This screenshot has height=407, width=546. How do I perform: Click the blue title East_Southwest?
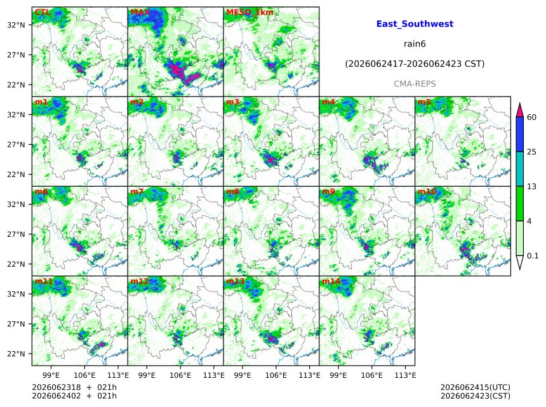(x=415, y=23)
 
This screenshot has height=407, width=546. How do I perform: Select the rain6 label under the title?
(x=415, y=44)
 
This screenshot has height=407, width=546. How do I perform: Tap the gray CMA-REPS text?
(x=415, y=84)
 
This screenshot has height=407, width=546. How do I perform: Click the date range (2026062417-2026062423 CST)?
(x=415, y=63)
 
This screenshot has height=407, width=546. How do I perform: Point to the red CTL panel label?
(x=42, y=12)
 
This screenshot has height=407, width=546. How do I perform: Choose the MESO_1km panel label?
(x=250, y=13)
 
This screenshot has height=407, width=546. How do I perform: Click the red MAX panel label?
(x=140, y=12)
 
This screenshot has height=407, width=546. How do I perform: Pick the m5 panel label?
(x=424, y=102)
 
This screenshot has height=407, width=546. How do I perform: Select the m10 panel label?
(x=427, y=191)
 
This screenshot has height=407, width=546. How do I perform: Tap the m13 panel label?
(x=236, y=281)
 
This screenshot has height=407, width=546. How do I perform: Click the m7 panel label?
(x=137, y=191)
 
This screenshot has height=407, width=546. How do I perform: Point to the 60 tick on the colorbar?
(x=531, y=117)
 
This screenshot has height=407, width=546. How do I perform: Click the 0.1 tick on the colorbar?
(x=533, y=255)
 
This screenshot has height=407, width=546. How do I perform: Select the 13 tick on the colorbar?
(x=531, y=186)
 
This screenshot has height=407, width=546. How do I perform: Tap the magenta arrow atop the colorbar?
(x=519, y=110)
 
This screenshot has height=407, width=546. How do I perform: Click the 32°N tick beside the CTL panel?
(x=16, y=25)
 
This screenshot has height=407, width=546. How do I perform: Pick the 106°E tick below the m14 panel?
(x=372, y=375)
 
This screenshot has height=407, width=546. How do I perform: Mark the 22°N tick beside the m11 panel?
(x=16, y=354)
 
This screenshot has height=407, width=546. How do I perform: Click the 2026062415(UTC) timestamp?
(x=476, y=387)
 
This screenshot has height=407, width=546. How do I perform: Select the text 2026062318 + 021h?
(x=74, y=387)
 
